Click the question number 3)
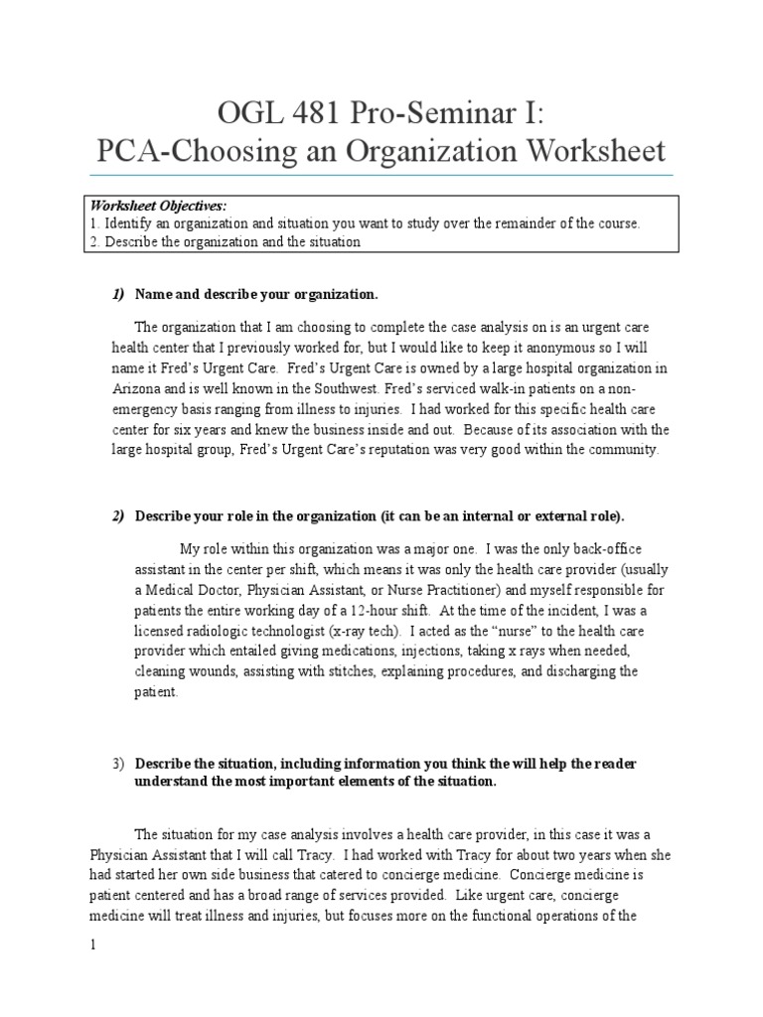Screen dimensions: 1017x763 118,763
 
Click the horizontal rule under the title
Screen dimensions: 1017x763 381,175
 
